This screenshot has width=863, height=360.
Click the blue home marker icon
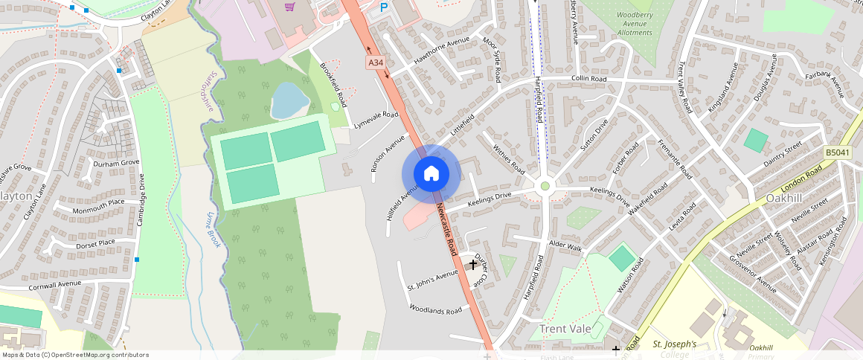click(x=431, y=174)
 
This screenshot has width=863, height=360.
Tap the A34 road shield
click(x=376, y=63)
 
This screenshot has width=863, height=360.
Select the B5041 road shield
click(x=837, y=152)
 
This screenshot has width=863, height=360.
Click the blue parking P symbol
click(x=384, y=7)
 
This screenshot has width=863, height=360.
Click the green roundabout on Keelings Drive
click(x=545, y=186)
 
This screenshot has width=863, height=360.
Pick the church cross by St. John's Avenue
click(x=472, y=264)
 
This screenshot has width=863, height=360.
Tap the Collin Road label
click(x=588, y=79)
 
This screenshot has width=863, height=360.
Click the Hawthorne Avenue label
click(x=442, y=51)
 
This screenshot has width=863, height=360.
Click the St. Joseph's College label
click(x=674, y=349)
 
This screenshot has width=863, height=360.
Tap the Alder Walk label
click(x=564, y=245)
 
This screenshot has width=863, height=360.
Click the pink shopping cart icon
click(x=289, y=7)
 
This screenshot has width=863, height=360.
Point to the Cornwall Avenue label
click(x=54, y=285)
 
